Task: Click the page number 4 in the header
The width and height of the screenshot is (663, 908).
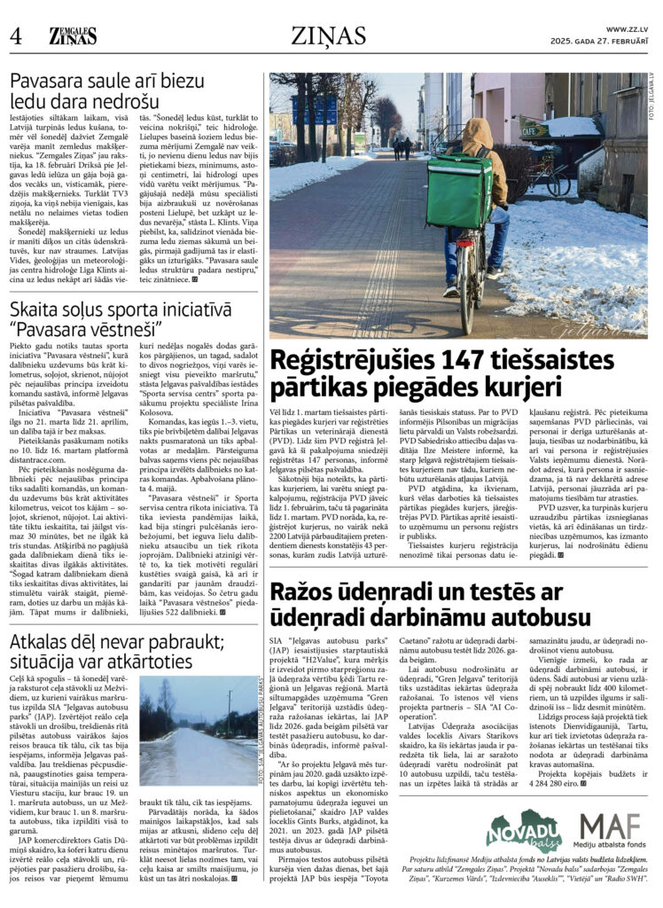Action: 15,36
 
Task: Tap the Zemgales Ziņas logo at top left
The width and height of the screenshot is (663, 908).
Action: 73,35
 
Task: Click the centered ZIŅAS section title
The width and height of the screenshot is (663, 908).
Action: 331,36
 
